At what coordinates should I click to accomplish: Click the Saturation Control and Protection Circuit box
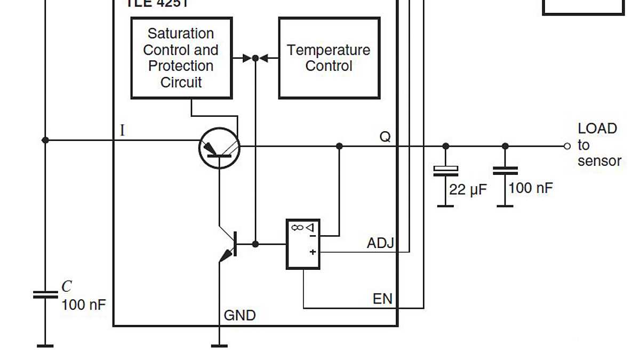[181, 58]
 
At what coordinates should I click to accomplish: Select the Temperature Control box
[329, 58]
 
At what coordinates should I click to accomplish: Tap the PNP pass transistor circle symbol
[219, 148]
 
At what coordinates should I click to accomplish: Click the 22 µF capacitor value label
[468, 189]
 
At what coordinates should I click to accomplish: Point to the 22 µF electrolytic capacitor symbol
[445, 171]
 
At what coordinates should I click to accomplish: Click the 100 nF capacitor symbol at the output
[505, 171]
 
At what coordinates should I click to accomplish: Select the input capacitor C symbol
[45, 294]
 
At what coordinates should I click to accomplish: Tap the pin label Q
[385, 137]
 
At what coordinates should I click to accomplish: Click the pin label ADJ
[380, 244]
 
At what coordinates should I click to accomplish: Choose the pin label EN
[382, 299]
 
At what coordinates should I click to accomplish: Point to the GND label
[239, 316]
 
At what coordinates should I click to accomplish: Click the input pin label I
[122, 130]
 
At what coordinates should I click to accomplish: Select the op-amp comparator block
[303, 244]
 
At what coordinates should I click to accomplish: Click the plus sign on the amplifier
[313, 252]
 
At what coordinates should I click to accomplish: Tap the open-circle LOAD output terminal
[567, 146]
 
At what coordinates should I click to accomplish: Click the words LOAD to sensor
[598, 145]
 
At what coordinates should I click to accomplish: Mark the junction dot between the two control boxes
[255, 58]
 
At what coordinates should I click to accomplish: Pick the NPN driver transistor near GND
[229, 245]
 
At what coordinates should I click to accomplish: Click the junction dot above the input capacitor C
[45, 140]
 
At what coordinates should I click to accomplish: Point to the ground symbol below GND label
[219, 346]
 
